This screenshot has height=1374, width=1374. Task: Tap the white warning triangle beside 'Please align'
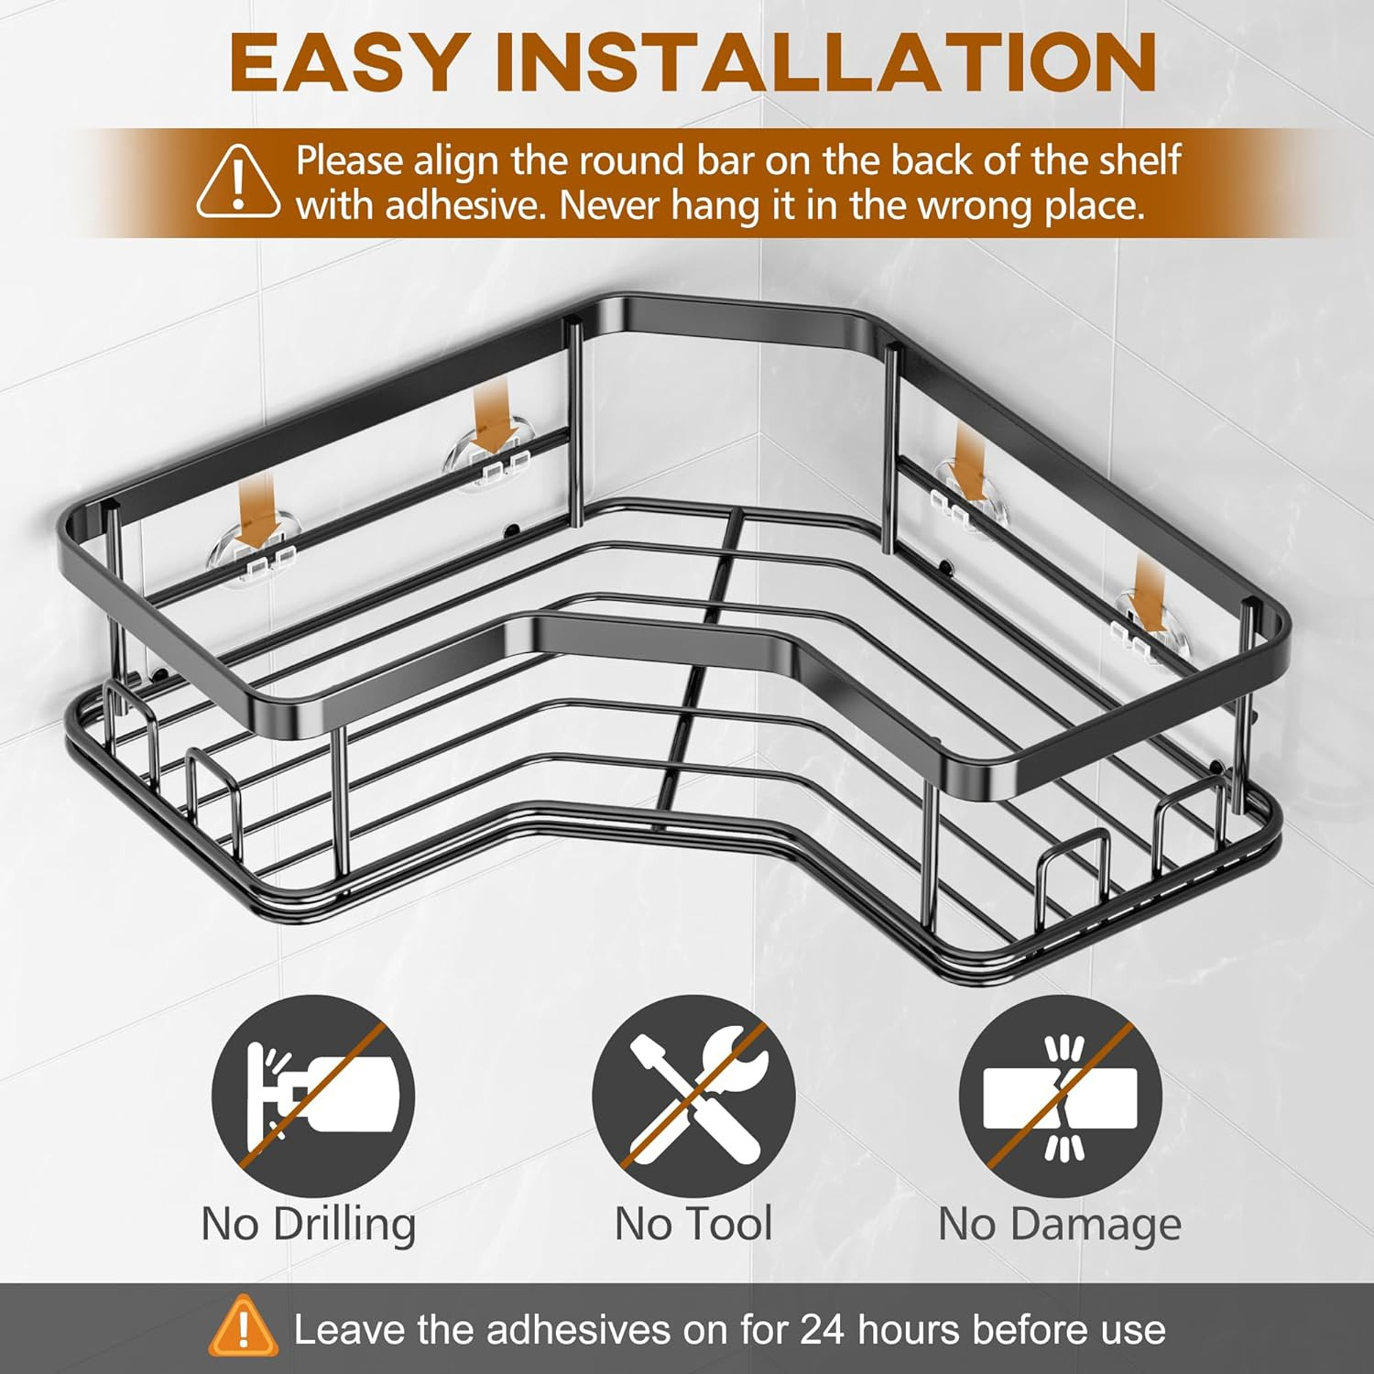(238, 180)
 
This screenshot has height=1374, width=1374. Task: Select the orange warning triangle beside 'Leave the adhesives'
(243, 1325)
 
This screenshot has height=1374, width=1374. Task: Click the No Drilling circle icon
(313, 1096)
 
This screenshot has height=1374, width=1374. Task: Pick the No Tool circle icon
(693, 1096)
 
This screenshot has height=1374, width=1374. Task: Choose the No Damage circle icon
(1061, 1096)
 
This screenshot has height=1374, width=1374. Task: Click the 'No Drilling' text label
(309, 1225)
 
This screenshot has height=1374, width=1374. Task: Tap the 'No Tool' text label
(693, 1224)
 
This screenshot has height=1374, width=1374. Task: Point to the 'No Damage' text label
(1060, 1225)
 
